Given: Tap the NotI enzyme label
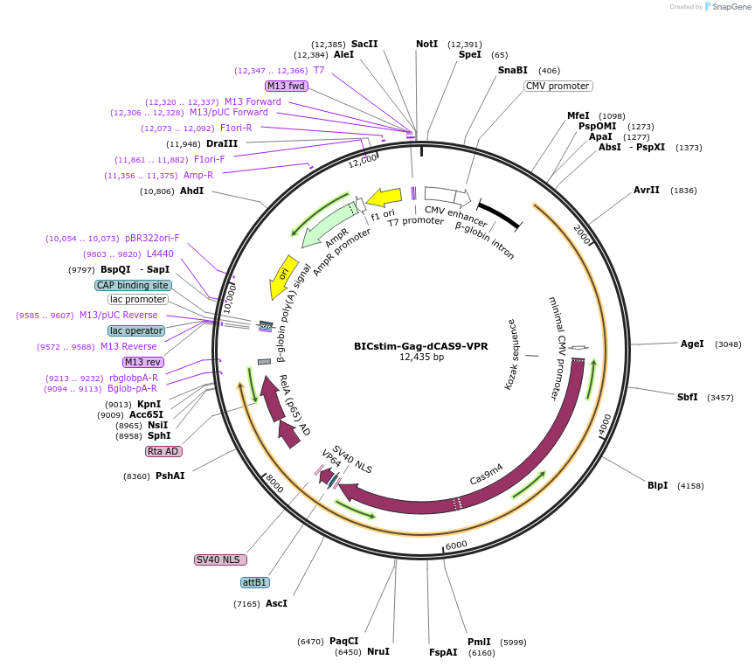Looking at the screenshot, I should tap(426, 44).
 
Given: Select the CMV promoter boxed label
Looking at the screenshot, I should tap(558, 86).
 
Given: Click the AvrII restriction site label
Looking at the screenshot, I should tap(647, 191).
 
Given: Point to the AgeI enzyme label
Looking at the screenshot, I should tap(692, 344).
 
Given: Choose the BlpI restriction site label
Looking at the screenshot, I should tap(657, 485).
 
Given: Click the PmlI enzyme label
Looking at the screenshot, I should tap(479, 642).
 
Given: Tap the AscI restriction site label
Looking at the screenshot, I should tap(276, 603).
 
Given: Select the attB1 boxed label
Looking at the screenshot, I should tap(254, 582).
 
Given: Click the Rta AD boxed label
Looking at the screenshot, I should tap(163, 451).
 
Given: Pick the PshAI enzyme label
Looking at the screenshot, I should tap(170, 476).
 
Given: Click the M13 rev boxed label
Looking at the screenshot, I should tap(144, 362).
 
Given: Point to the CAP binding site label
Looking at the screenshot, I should tap(134, 285).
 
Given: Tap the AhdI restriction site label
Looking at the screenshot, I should tap(191, 191).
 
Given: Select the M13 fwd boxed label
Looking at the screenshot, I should tap(287, 86).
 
